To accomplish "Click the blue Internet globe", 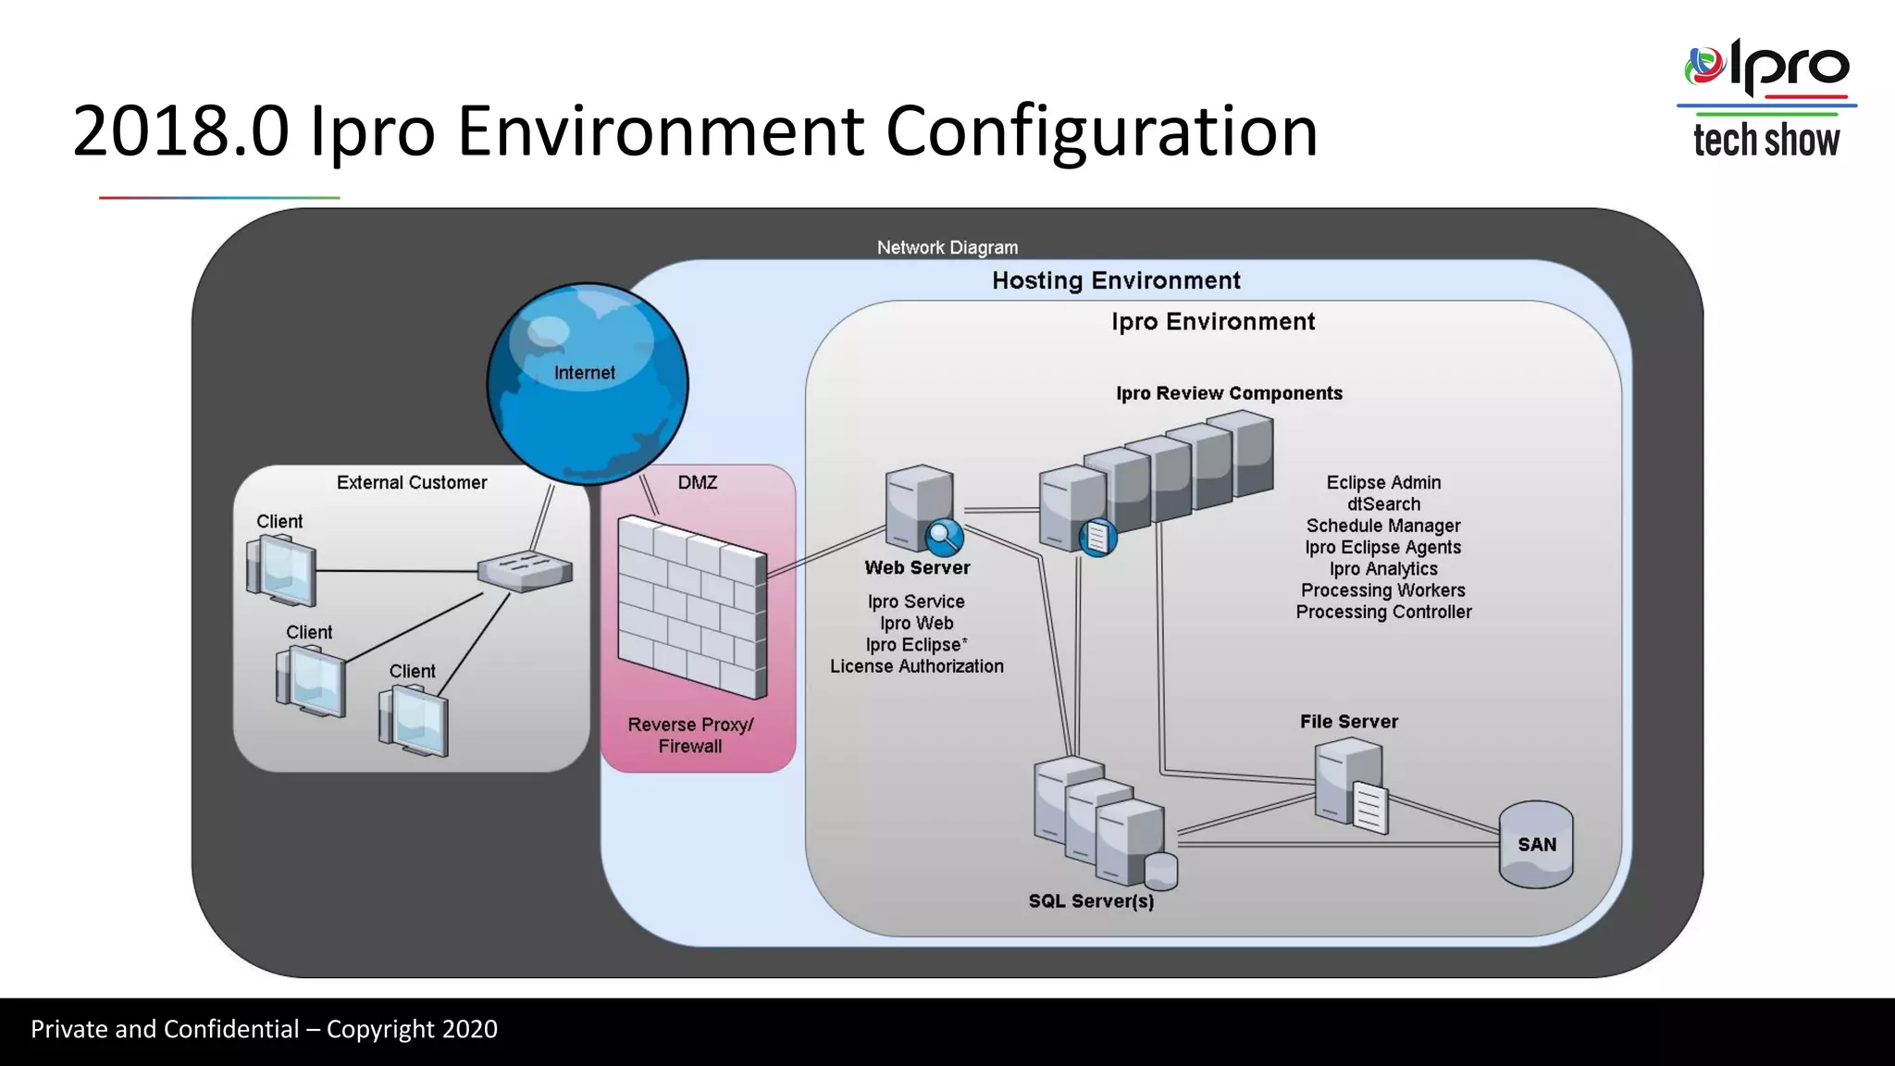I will pyautogui.click(x=588, y=383).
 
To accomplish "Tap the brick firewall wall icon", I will pyautogui.click(x=691, y=606).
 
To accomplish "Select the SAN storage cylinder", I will pyautogui.click(x=1536, y=844).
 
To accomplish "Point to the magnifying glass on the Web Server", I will pyautogui.click(x=944, y=536).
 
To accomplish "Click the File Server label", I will pyautogui.click(x=1348, y=722).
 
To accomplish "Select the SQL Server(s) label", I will pyautogui.click(x=1091, y=901).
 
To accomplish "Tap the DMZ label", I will pyautogui.click(x=697, y=482).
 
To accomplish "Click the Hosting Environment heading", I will pyautogui.click(x=1116, y=280).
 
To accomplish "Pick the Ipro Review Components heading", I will pyautogui.click(x=1229, y=393).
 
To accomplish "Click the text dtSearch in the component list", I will pyautogui.click(x=1383, y=504).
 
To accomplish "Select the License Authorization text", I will pyautogui.click(x=916, y=666).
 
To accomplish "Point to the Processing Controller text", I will pyautogui.click(x=1383, y=612).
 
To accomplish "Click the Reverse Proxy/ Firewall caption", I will pyautogui.click(x=690, y=736).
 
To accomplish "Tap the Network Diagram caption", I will pyautogui.click(x=947, y=248).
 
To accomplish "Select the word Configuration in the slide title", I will pyautogui.click(x=1101, y=131).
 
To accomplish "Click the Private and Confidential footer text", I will pyautogui.click(x=264, y=1029).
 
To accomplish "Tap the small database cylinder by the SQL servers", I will pyautogui.click(x=1160, y=871).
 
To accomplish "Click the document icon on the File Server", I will pyautogui.click(x=1370, y=807).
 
